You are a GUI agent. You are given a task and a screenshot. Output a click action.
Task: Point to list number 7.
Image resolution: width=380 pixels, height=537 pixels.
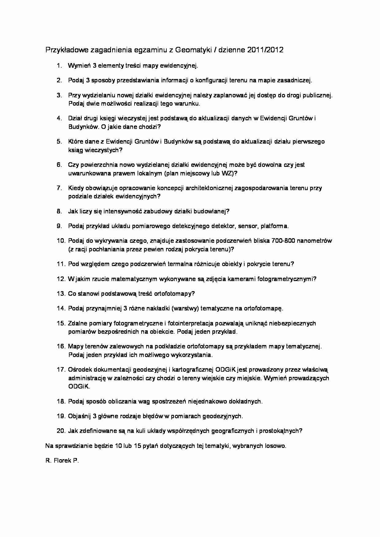(59, 188)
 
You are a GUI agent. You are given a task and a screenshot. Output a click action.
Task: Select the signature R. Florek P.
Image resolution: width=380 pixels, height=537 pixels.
(62, 460)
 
